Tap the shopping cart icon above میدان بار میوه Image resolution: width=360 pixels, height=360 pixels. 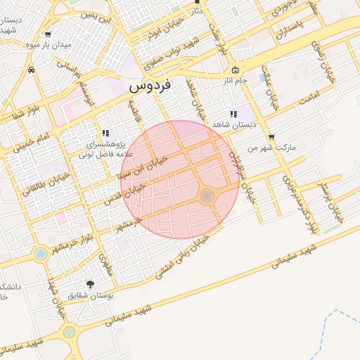tap(47, 34)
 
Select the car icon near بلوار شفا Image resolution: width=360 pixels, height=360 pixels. tap(32, 70)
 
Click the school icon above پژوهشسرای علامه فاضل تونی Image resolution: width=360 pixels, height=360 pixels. tap(105, 133)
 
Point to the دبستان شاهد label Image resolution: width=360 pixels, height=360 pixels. tap(237, 124)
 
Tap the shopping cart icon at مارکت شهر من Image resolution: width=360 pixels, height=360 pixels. tap(271, 138)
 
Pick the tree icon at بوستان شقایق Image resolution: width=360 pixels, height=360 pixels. tap(90, 284)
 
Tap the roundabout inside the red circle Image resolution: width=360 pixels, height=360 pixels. tap(207, 195)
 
